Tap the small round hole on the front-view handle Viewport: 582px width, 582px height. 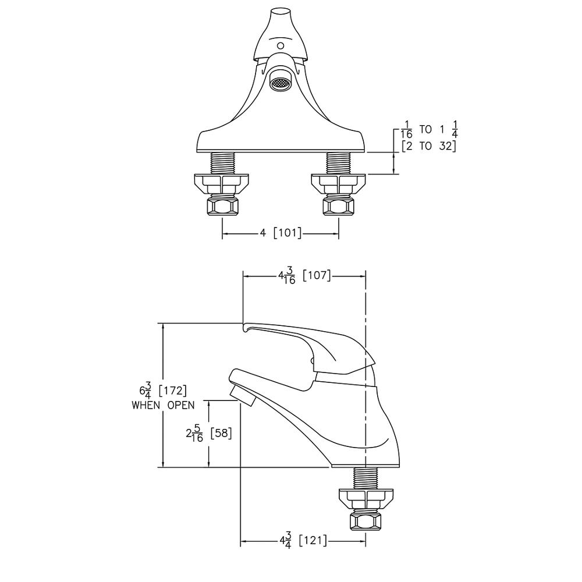click(281, 45)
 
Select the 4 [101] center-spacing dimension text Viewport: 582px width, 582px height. click(281, 233)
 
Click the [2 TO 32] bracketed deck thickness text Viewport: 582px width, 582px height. click(428, 146)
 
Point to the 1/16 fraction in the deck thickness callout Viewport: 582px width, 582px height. click(407, 129)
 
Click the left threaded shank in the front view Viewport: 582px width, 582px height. click(222, 162)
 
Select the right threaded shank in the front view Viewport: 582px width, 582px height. click(339, 162)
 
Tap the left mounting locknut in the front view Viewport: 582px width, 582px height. click(222, 184)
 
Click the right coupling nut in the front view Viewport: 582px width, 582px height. click(339, 205)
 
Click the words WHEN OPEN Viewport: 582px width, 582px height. click(163, 405)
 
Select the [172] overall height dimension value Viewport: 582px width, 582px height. click(172, 390)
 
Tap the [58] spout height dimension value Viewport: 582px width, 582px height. click(221, 433)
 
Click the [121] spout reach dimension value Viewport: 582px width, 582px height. click(313, 541)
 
